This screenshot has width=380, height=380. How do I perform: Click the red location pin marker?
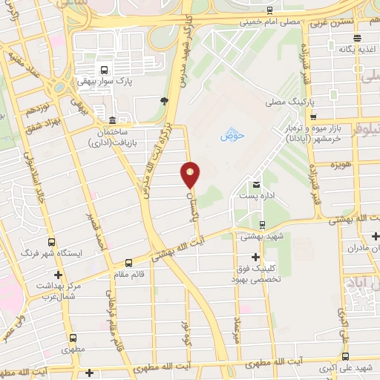click(x=191, y=175)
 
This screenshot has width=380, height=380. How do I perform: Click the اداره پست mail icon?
click(x=257, y=184)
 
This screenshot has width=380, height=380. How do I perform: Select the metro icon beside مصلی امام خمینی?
click(x=269, y=10)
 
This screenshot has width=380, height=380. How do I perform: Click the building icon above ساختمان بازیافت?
click(x=112, y=121)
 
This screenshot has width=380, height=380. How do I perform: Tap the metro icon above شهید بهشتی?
click(x=262, y=224)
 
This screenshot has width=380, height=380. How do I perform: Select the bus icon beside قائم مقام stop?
click(x=128, y=262)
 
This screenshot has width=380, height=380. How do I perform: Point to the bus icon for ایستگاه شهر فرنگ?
click(x=51, y=242)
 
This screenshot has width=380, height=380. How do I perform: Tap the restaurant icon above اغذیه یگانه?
click(x=358, y=38)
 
